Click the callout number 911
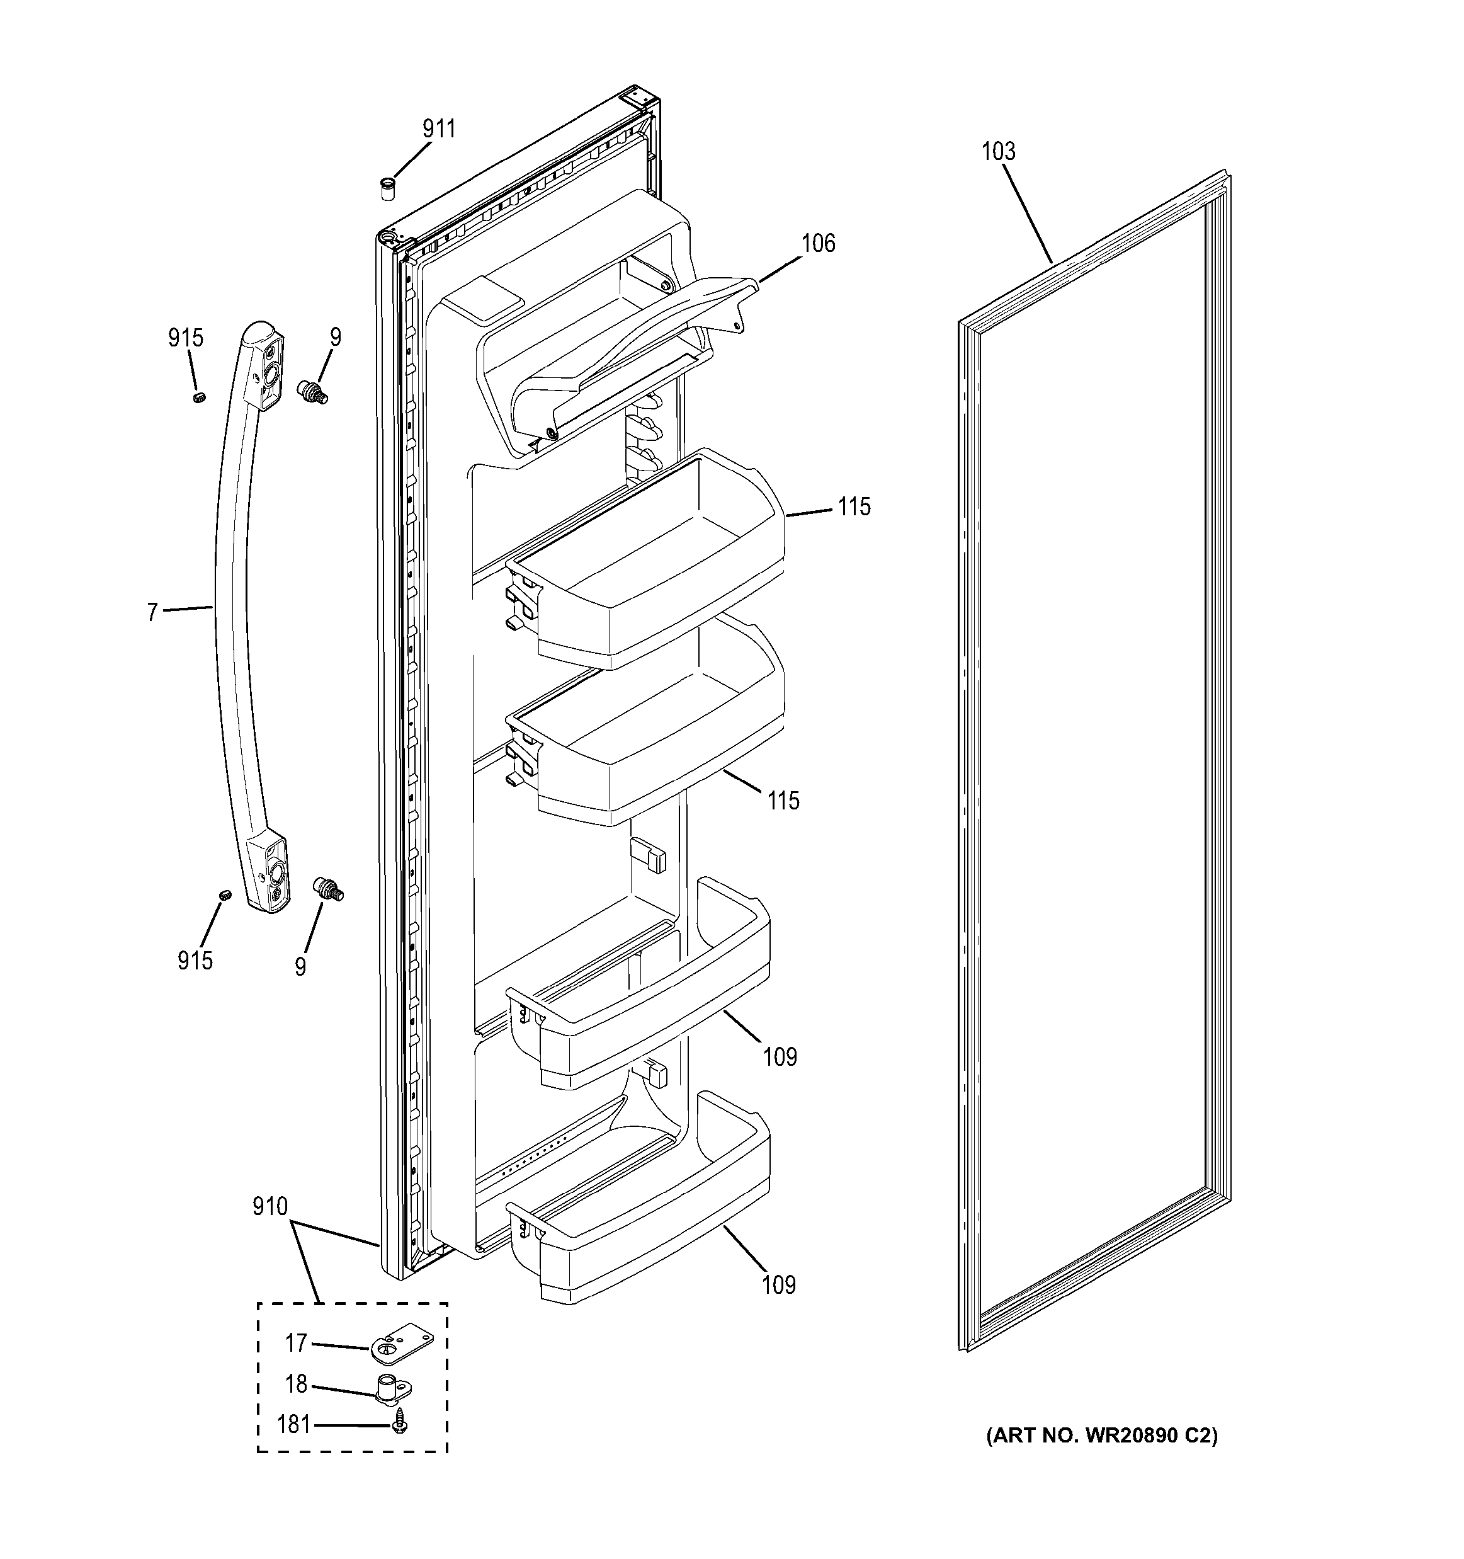pyautogui.click(x=439, y=129)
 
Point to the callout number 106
pyautogui.click(x=817, y=244)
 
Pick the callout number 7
pyautogui.click(x=152, y=612)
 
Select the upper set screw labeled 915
pyautogui.click(x=199, y=397)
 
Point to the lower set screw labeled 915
pyautogui.click(x=225, y=895)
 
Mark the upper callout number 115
pyautogui.click(x=853, y=507)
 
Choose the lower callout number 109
pyautogui.click(x=778, y=1286)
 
